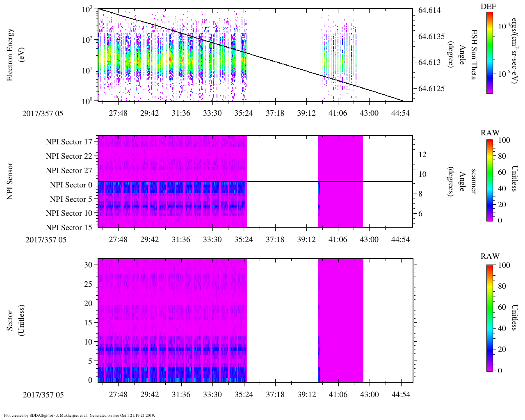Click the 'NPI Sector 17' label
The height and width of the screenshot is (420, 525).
click(69, 142)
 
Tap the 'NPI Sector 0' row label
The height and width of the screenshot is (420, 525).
click(71, 185)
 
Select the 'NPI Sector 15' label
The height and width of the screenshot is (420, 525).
click(69, 228)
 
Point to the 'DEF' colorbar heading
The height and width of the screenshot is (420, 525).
click(488, 7)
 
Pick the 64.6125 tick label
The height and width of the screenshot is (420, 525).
click(431, 89)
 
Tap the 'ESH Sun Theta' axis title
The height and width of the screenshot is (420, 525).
click(474, 55)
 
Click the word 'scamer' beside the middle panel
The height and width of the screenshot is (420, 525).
click(473, 181)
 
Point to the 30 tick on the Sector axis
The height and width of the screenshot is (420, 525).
click(88, 265)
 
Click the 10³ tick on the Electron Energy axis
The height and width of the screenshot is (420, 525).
click(88, 9)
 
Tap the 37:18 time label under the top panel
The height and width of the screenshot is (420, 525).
click(275, 113)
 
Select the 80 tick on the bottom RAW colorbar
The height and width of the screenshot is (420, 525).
click(502, 286)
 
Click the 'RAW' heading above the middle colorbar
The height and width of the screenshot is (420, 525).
click(490, 132)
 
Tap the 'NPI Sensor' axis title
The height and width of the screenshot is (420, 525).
click(10, 181)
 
